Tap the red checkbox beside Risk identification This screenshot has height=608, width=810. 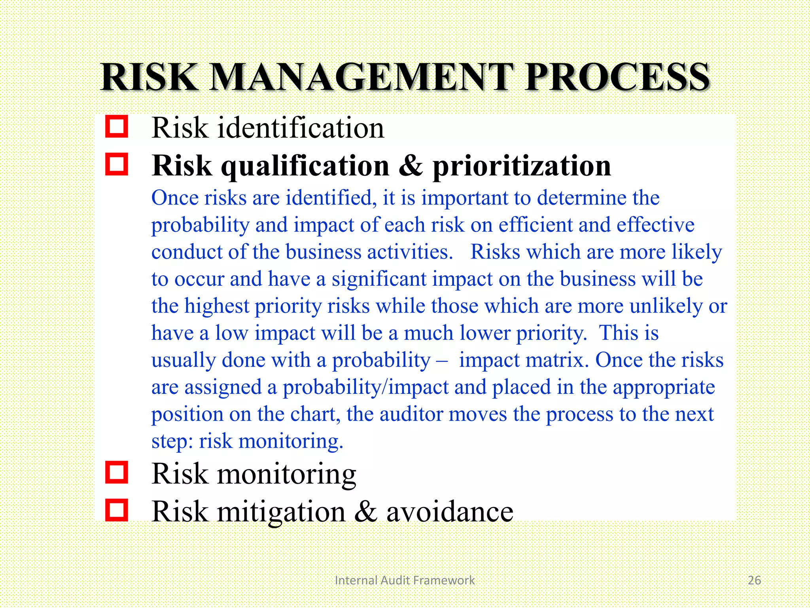tap(117, 127)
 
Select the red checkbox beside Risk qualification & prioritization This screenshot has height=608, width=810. tap(117, 164)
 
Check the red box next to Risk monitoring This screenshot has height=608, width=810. tap(117, 472)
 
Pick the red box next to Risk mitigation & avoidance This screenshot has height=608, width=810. tap(117, 510)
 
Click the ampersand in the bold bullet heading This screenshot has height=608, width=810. tap(411, 165)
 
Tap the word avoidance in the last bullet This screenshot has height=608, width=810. tap(450, 511)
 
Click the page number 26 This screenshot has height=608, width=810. tap(754, 580)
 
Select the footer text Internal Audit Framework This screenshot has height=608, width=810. tap(405, 580)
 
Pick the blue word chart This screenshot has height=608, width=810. tap(315, 414)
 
